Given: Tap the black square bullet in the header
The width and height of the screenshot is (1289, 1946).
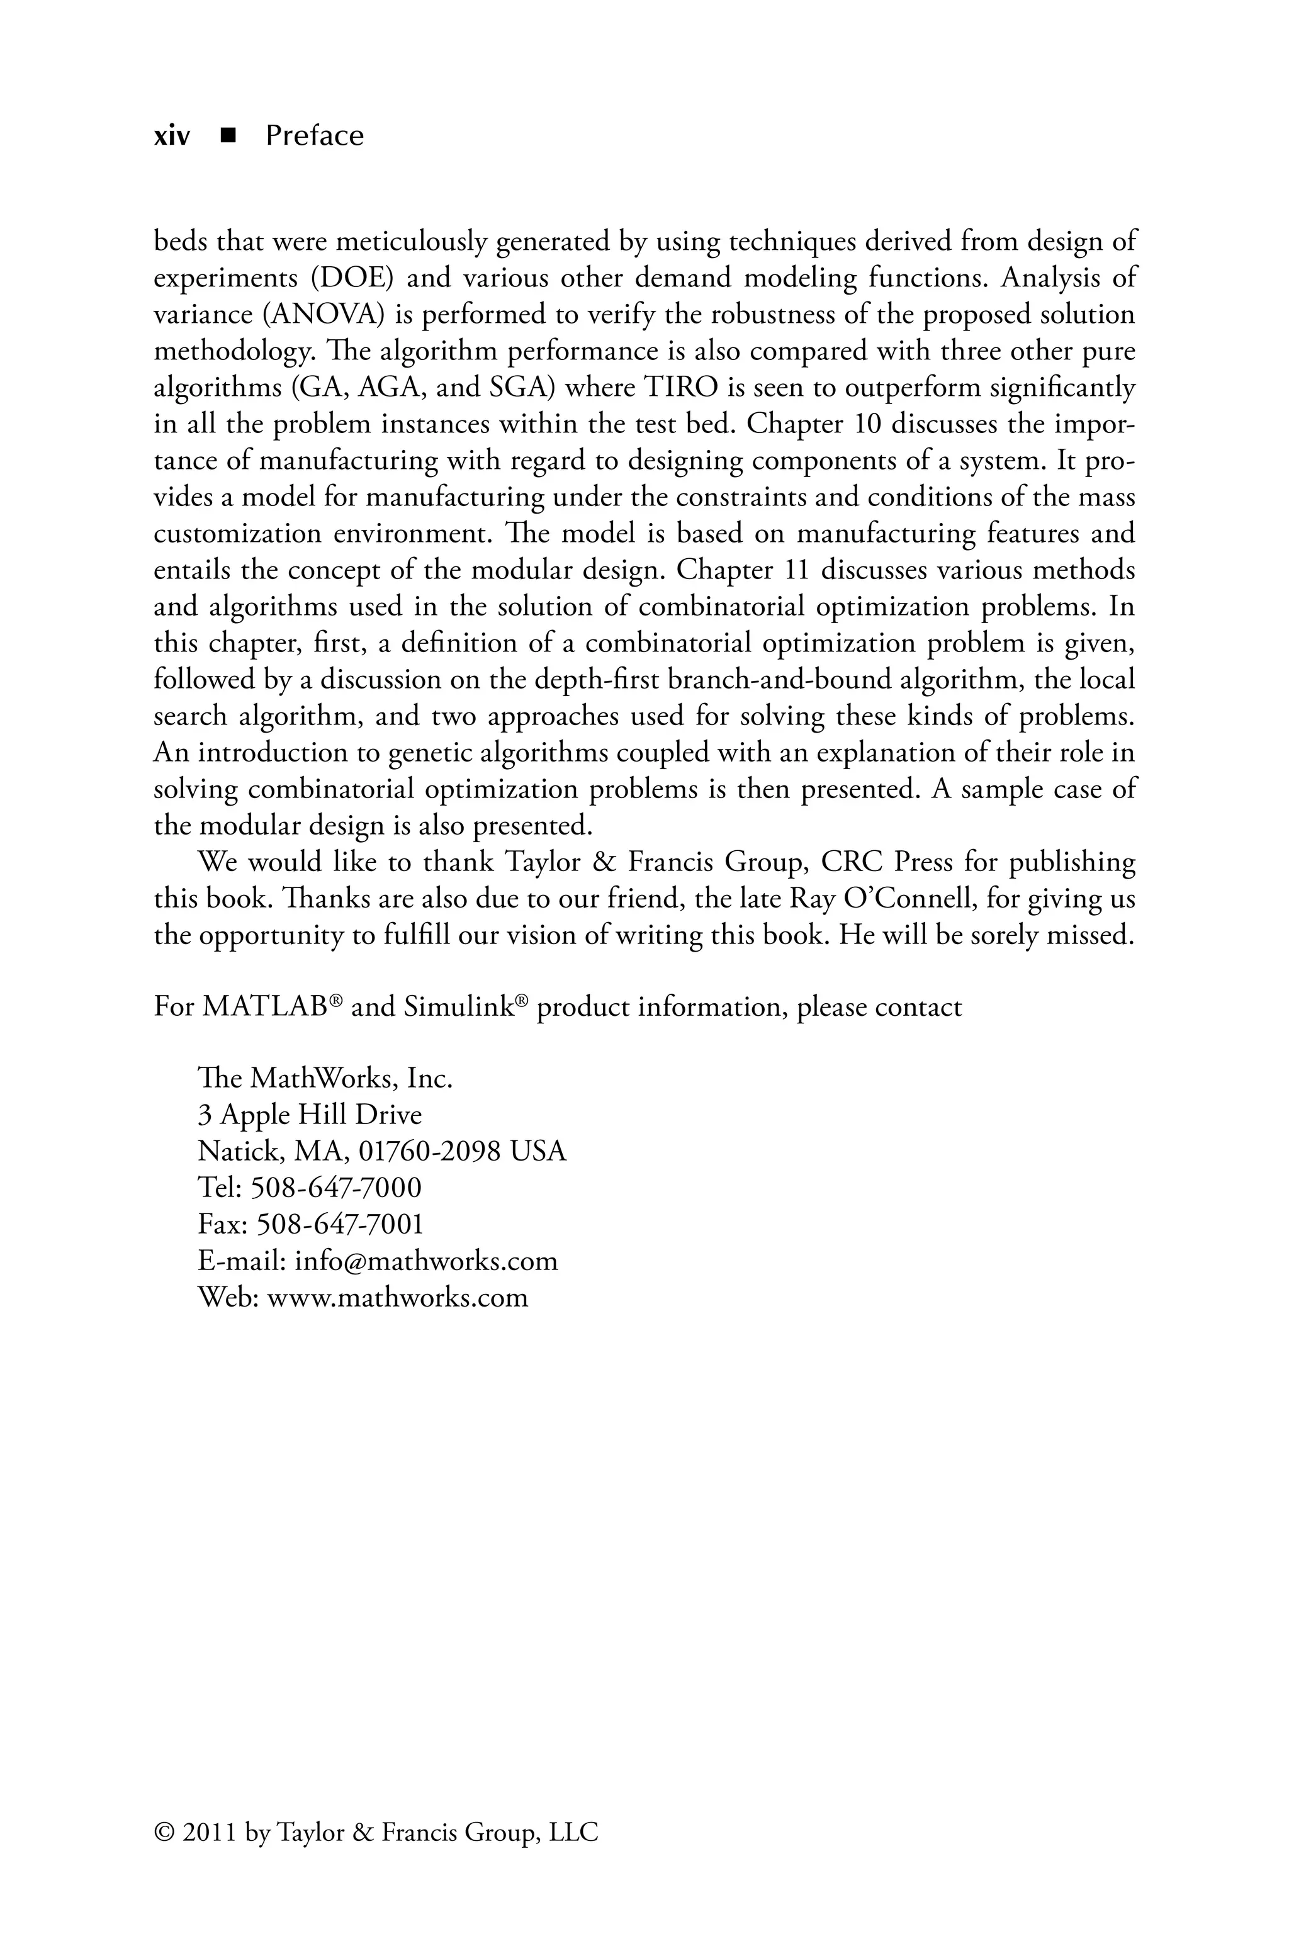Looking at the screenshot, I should [228, 135].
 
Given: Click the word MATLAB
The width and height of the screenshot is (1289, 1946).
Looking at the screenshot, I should [265, 1008].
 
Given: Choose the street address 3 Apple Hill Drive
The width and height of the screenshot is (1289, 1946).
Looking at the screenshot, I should [310, 1115].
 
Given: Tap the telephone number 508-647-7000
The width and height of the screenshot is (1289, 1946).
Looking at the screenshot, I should [335, 1188].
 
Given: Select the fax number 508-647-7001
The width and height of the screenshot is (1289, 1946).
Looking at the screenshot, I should [341, 1225].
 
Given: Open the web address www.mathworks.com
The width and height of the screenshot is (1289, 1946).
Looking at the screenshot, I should [398, 1298].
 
